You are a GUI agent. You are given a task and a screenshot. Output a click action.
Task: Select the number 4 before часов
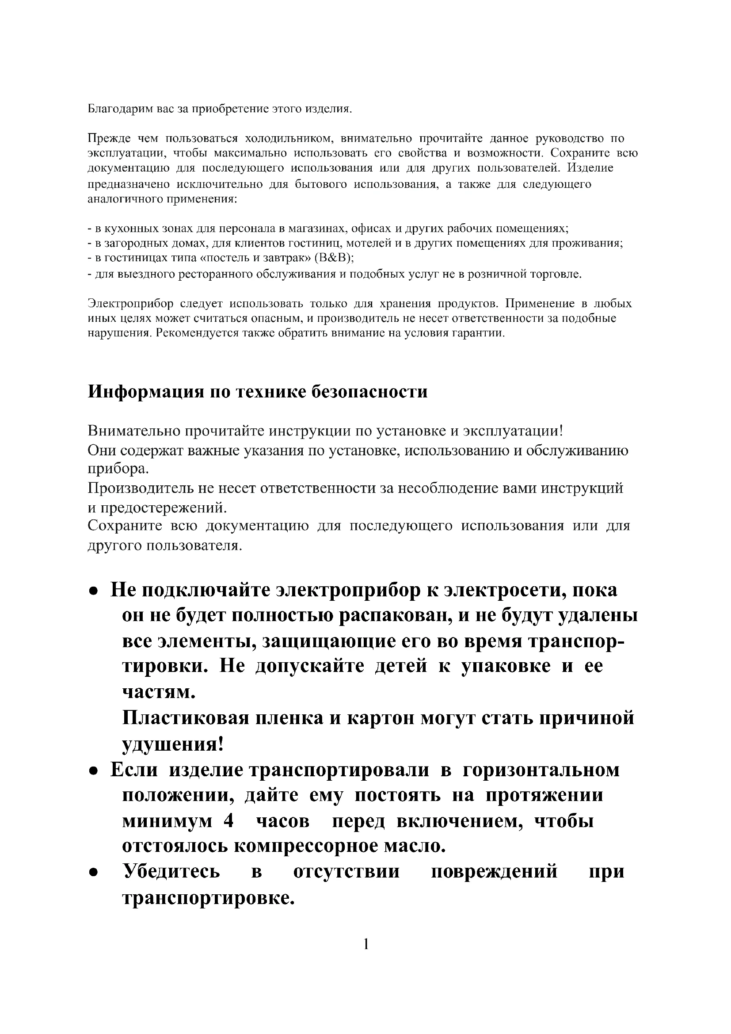tap(228, 821)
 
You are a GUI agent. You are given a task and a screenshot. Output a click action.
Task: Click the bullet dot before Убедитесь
tap(93, 873)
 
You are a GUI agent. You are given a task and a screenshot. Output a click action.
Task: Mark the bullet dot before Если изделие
tap(93, 771)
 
